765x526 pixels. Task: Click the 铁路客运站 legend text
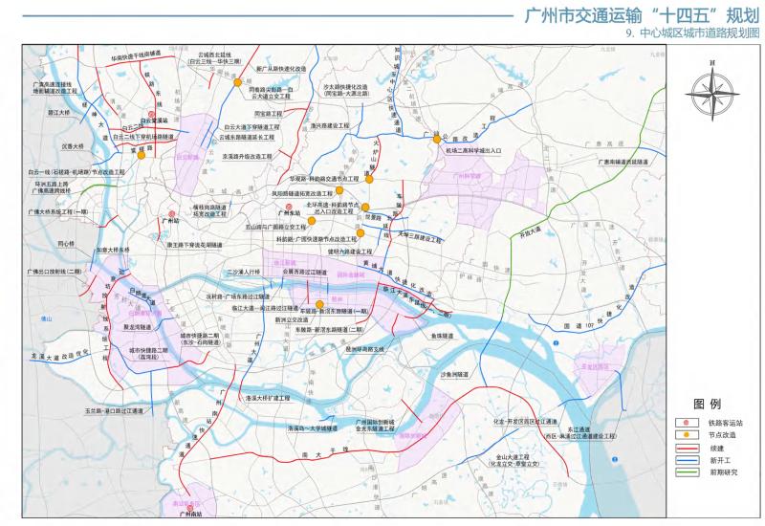pos(723,422)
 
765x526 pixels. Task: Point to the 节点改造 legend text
pos(720,434)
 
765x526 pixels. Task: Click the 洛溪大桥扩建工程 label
pos(268,394)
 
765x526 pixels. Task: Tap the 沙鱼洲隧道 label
pos(456,376)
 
